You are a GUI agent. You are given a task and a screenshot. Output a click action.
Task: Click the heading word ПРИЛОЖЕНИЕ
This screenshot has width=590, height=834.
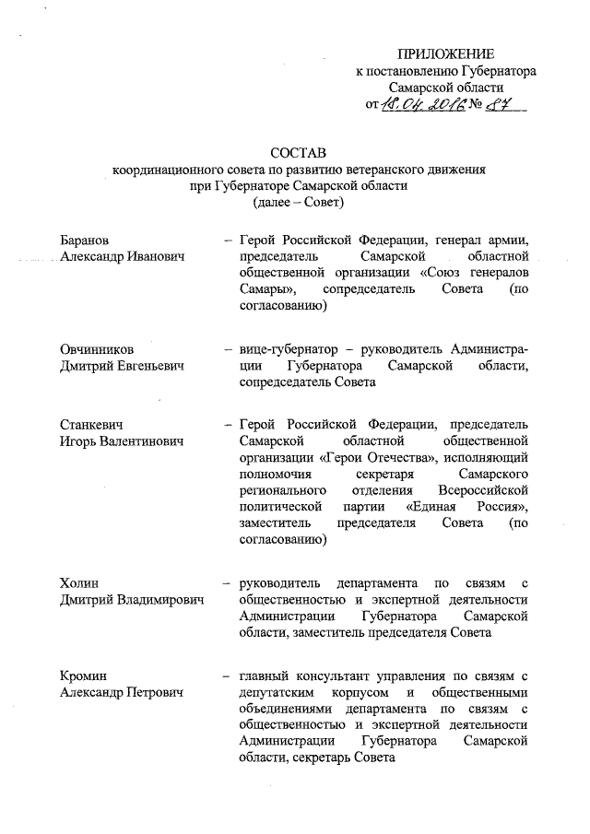[445, 53]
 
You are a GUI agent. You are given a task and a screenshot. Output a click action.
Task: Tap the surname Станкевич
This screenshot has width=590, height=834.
[92, 424]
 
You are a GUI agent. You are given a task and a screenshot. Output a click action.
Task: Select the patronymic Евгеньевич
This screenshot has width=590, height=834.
[144, 366]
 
